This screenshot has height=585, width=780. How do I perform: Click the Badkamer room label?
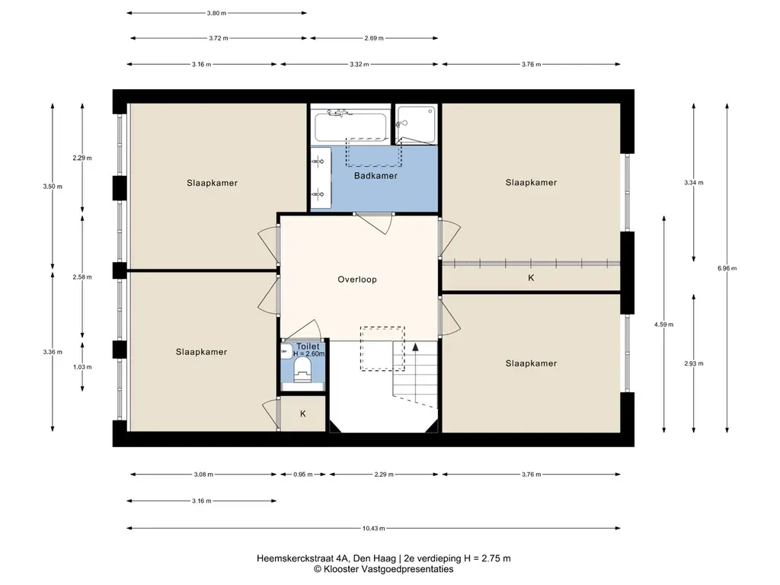[376, 176]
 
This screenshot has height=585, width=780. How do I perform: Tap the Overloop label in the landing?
[357, 280]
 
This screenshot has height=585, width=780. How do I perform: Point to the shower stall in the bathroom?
[417, 124]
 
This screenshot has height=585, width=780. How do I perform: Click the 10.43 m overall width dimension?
[373, 529]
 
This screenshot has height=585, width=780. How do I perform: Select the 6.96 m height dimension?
[727, 268]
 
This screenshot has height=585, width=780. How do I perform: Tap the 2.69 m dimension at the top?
[373, 38]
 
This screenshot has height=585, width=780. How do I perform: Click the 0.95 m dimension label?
[303, 475]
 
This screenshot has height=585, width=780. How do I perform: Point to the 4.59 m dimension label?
[663, 324]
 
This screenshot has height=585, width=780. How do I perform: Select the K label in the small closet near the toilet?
[303, 414]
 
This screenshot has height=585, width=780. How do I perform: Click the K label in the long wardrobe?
[531, 277]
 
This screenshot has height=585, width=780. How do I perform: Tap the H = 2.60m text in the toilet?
[308, 353]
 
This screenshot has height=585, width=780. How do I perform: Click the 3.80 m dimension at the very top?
[216, 13]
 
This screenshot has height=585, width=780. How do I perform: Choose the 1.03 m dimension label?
[82, 367]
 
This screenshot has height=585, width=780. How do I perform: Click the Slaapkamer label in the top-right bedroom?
[531, 183]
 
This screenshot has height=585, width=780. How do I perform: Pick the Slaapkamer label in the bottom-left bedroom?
[201, 352]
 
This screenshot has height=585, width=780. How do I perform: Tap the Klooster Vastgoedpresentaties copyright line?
[384, 569]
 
